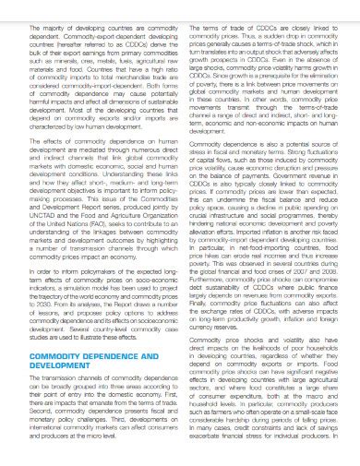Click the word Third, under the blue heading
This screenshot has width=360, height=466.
(128, 443)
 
